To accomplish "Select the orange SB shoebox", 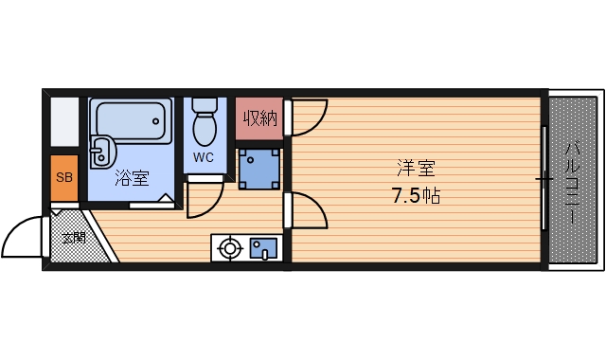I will click(x=64, y=178).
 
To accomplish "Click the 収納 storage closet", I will click(x=259, y=119).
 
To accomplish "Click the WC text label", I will click(x=205, y=157).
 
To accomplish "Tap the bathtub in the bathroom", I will click(x=132, y=120).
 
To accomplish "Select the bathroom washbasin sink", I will click(x=101, y=152).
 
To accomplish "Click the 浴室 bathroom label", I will click(x=132, y=176).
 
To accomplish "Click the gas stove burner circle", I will click(x=229, y=249).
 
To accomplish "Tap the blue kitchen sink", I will click(x=262, y=249).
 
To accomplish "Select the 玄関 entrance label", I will click(x=74, y=237).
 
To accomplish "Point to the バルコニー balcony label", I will click(x=574, y=180).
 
